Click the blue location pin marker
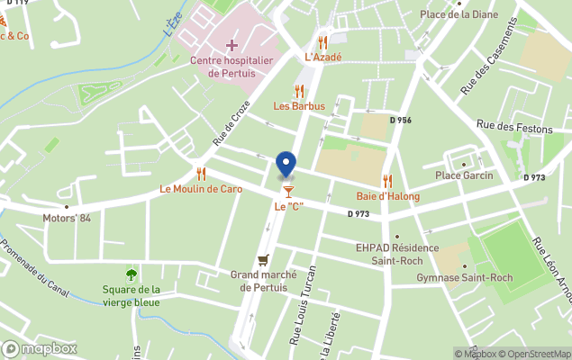286,165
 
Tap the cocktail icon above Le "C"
288,191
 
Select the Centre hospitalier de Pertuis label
232,67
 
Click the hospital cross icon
232,44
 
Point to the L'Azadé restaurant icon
322,42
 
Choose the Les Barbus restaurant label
299,105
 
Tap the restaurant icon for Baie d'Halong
387,180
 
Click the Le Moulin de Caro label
201,189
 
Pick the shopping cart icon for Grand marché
263,259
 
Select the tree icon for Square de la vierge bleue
132,274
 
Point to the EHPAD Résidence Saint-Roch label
397,254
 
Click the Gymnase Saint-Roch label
464,277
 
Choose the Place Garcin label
464,175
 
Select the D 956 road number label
400,120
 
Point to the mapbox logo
39,348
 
